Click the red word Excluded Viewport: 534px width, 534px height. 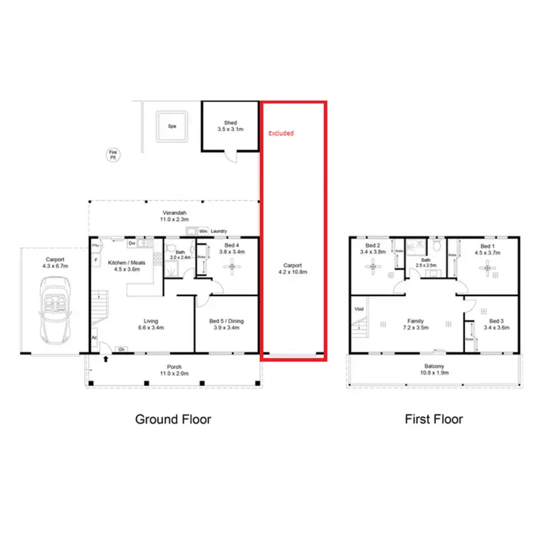[x=281, y=133]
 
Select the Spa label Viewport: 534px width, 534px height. [x=172, y=126]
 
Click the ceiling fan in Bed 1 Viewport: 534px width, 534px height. [x=487, y=268]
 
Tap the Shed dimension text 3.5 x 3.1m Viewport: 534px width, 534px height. [x=229, y=129]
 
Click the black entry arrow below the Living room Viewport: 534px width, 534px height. [x=106, y=360]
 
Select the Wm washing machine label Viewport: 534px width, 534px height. [x=203, y=231]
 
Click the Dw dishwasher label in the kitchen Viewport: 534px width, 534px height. [x=132, y=244]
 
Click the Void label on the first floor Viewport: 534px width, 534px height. [x=358, y=309]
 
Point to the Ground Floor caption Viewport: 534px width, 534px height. [x=173, y=419]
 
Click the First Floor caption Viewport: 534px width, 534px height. [x=434, y=419]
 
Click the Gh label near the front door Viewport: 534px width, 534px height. [x=122, y=349]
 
